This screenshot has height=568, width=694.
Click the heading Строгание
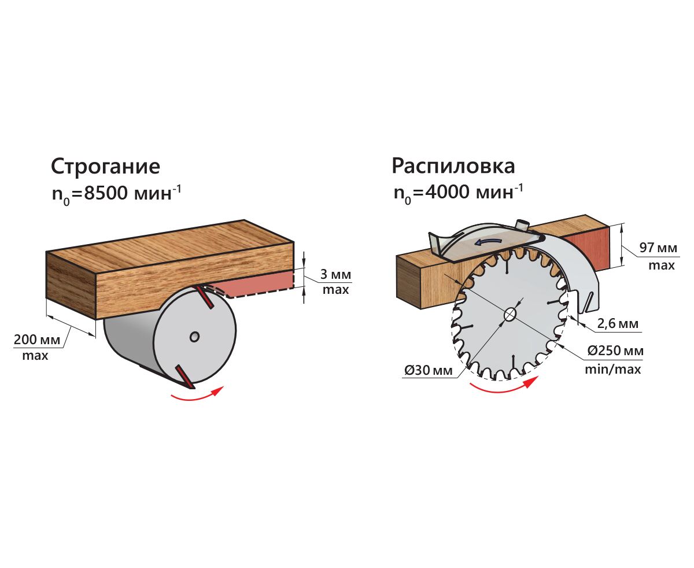[x=105, y=167]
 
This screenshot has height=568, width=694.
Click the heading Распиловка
[x=453, y=167]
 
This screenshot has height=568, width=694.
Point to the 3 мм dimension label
[x=335, y=274]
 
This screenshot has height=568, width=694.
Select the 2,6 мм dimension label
[x=618, y=323]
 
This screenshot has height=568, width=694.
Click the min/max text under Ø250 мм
[x=612, y=369]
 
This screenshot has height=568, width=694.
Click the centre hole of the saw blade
[x=510, y=314]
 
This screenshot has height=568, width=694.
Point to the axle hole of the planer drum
[x=195, y=335]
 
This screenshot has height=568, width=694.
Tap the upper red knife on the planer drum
[x=205, y=297]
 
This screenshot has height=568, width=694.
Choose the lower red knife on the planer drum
[x=183, y=375]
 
